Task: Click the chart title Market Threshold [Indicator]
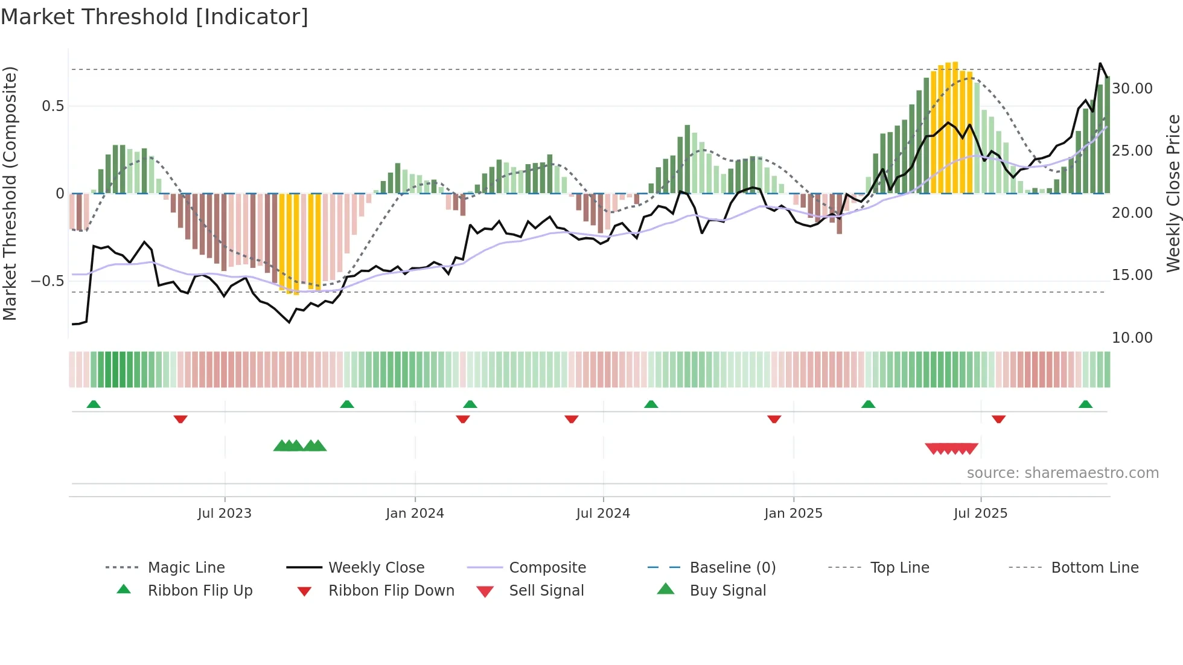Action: point(155,17)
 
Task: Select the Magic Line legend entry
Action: point(186,568)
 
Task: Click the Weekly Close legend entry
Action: point(376,568)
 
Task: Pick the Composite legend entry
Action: point(547,568)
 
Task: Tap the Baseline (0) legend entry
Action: point(732,568)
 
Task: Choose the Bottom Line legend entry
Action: point(1094,568)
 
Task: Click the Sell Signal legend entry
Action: point(546,591)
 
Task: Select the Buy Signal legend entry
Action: point(727,591)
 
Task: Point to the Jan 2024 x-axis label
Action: point(415,514)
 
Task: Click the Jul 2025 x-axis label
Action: point(980,514)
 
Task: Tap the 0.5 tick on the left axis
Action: point(53,106)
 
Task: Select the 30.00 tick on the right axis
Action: point(1132,89)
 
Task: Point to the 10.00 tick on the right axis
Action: point(1132,338)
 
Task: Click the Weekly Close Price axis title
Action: point(1173,193)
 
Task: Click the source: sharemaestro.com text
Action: point(1062,473)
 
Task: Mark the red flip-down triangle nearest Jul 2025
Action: point(998,419)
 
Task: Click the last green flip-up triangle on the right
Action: point(1085,404)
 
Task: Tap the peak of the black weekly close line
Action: point(1100,63)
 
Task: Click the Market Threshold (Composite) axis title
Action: point(10,193)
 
